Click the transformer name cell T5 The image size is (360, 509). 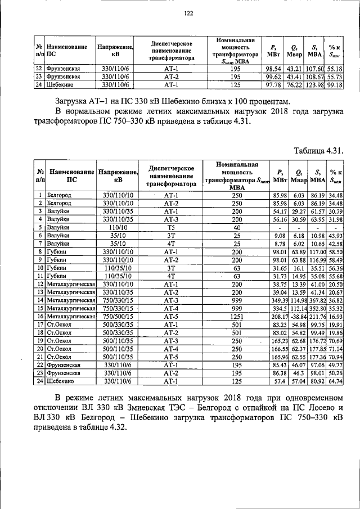point(171,227)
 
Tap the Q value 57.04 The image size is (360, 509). point(298,381)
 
